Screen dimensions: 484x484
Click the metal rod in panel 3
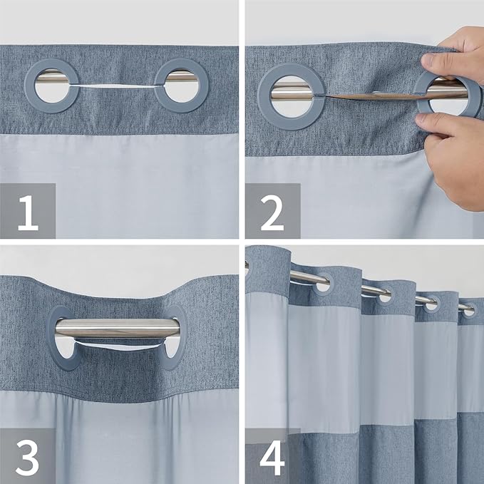pos(118,328)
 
